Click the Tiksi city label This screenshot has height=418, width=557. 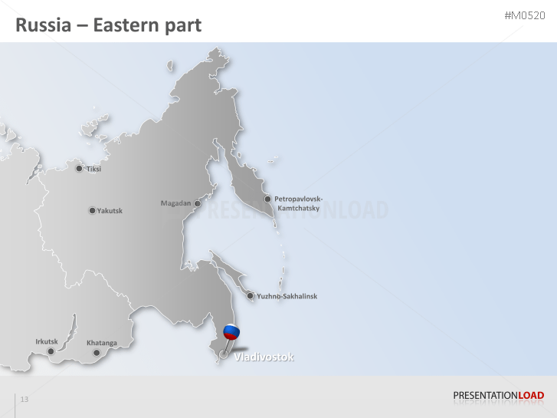point(93,169)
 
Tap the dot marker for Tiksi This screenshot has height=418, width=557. point(79,168)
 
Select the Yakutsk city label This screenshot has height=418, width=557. point(110,211)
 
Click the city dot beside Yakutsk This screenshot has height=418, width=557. point(92,210)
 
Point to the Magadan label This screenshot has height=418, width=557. point(175,203)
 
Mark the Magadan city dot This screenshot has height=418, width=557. point(197,203)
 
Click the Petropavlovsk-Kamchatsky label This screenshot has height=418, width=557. point(298,203)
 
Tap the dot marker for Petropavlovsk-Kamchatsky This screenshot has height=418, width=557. point(267,199)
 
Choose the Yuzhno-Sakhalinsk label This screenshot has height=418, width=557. point(287,296)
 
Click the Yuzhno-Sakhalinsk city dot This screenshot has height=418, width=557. point(250,295)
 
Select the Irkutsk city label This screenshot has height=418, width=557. point(47,341)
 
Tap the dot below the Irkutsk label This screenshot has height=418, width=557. point(51,351)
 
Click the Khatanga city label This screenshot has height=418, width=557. point(102,342)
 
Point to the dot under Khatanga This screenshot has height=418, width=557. point(97,353)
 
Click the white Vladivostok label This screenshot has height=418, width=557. point(264,357)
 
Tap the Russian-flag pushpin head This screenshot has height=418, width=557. point(231,333)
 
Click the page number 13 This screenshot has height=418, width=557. point(25,399)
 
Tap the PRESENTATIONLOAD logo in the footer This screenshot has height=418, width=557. point(498,396)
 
